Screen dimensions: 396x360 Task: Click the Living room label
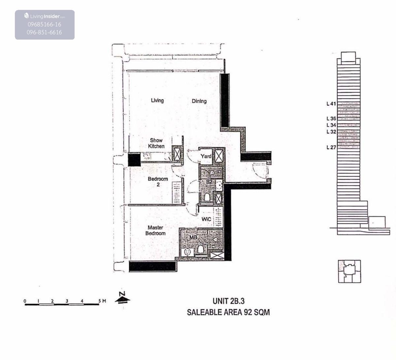click(x=157, y=101)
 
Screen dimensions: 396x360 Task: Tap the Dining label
click(x=199, y=101)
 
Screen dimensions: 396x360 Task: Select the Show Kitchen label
click(x=156, y=143)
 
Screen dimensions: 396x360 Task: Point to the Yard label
click(x=206, y=156)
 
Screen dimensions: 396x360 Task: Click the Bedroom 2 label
click(x=158, y=182)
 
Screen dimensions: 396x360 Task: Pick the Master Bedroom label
click(x=155, y=230)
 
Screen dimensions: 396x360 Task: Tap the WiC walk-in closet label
click(x=206, y=219)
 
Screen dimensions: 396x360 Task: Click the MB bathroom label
click(x=193, y=237)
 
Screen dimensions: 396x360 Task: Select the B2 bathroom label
click(x=209, y=182)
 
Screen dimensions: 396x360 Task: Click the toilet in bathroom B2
click(x=207, y=197)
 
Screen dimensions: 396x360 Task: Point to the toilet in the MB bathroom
click(x=201, y=249)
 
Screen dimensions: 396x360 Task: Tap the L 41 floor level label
click(x=331, y=104)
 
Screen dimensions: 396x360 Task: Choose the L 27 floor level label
click(x=331, y=147)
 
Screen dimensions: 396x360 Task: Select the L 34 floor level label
click(x=331, y=125)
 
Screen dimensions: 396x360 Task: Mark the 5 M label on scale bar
click(x=102, y=301)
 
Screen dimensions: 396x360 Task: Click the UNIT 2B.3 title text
click(x=229, y=301)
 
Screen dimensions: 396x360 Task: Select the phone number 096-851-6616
click(x=44, y=32)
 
